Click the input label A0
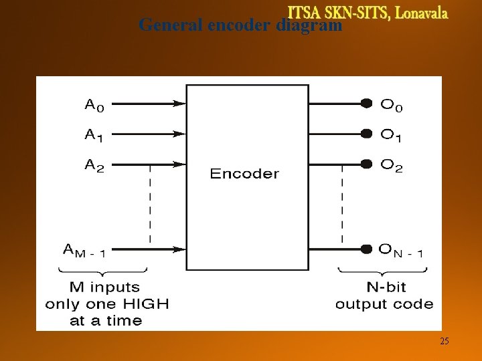click(94, 104)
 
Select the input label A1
click(94, 135)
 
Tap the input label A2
click(94, 165)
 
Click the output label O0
click(392, 104)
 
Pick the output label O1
click(392, 135)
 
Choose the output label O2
click(392, 165)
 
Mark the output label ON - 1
click(400, 251)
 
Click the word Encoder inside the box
click(244, 174)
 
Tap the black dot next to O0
click(366, 103)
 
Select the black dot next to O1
click(366, 133)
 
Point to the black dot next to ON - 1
click(366, 249)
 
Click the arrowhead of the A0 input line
click(179, 104)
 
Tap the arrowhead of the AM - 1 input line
click(179, 249)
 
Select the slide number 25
click(445, 342)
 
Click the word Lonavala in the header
click(422, 13)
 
